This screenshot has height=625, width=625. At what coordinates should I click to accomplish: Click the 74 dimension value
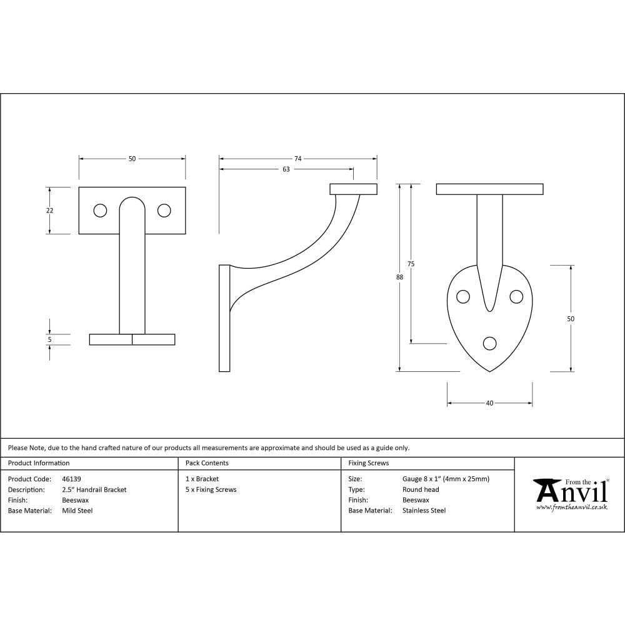click(298, 159)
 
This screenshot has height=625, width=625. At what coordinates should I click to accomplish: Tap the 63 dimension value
click(286, 169)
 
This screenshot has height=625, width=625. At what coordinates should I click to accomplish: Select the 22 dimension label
click(50, 211)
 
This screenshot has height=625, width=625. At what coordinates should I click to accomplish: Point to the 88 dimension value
click(399, 277)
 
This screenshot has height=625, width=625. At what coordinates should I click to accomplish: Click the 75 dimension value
click(411, 264)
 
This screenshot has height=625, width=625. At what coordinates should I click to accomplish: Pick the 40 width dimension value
click(489, 403)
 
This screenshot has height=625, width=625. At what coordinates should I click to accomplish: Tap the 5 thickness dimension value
click(50, 339)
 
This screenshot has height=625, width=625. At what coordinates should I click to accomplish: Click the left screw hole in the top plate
click(100, 211)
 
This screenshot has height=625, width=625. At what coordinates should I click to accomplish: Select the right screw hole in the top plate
click(164, 211)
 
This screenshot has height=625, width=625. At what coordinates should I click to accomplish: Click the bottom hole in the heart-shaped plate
click(489, 343)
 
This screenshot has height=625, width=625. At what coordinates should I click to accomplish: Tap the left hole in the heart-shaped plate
click(463, 297)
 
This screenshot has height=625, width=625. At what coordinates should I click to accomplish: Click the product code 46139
click(72, 479)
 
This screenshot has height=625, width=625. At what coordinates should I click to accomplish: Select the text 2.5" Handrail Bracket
click(94, 490)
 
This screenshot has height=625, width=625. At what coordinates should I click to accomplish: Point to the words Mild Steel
click(77, 511)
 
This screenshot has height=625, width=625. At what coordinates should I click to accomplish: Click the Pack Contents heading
click(207, 463)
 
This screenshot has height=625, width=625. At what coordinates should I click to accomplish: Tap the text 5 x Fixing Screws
click(211, 490)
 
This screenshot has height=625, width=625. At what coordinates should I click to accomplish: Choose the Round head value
click(421, 490)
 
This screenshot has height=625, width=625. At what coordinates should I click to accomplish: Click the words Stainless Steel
click(424, 511)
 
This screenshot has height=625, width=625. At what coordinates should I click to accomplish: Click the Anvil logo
click(570, 491)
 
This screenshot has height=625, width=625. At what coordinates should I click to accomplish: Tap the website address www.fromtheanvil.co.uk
click(571, 507)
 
